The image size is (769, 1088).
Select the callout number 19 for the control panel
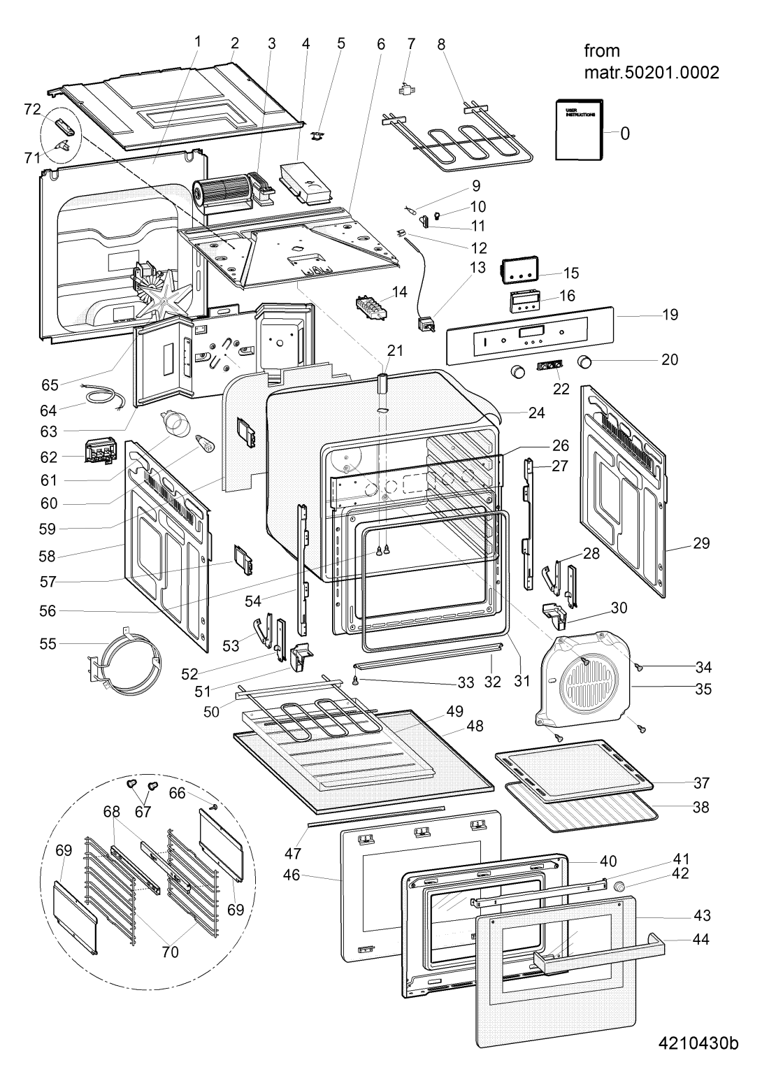click(x=670, y=315)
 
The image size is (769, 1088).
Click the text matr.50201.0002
click(x=652, y=73)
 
